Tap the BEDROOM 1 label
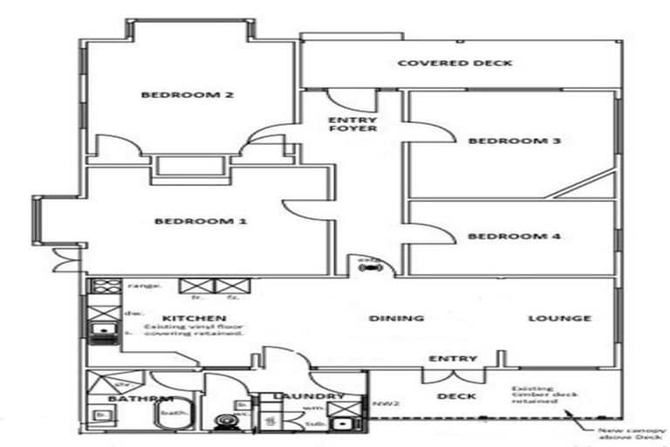(201, 222)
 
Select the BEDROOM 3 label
(501, 141)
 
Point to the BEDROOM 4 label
(501, 237)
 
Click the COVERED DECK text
(454, 63)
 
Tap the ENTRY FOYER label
(352, 124)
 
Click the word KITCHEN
(195, 318)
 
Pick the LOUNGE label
(559, 319)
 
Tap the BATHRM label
(131, 399)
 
